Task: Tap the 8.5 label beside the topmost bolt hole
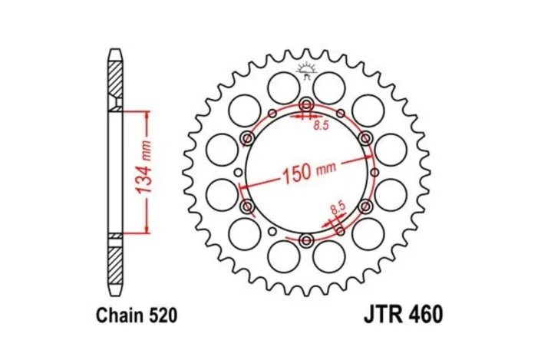(x=321, y=128)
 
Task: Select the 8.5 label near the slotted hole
(x=335, y=207)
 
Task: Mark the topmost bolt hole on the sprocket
(x=306, y=105)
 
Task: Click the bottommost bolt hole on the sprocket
(x=306, y=242)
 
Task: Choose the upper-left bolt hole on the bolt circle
(x=247, y=139)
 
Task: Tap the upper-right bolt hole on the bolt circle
(x=365, y=139)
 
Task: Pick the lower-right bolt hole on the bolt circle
(x=365, y=207)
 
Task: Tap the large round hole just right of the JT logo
(x=332, y=84)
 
